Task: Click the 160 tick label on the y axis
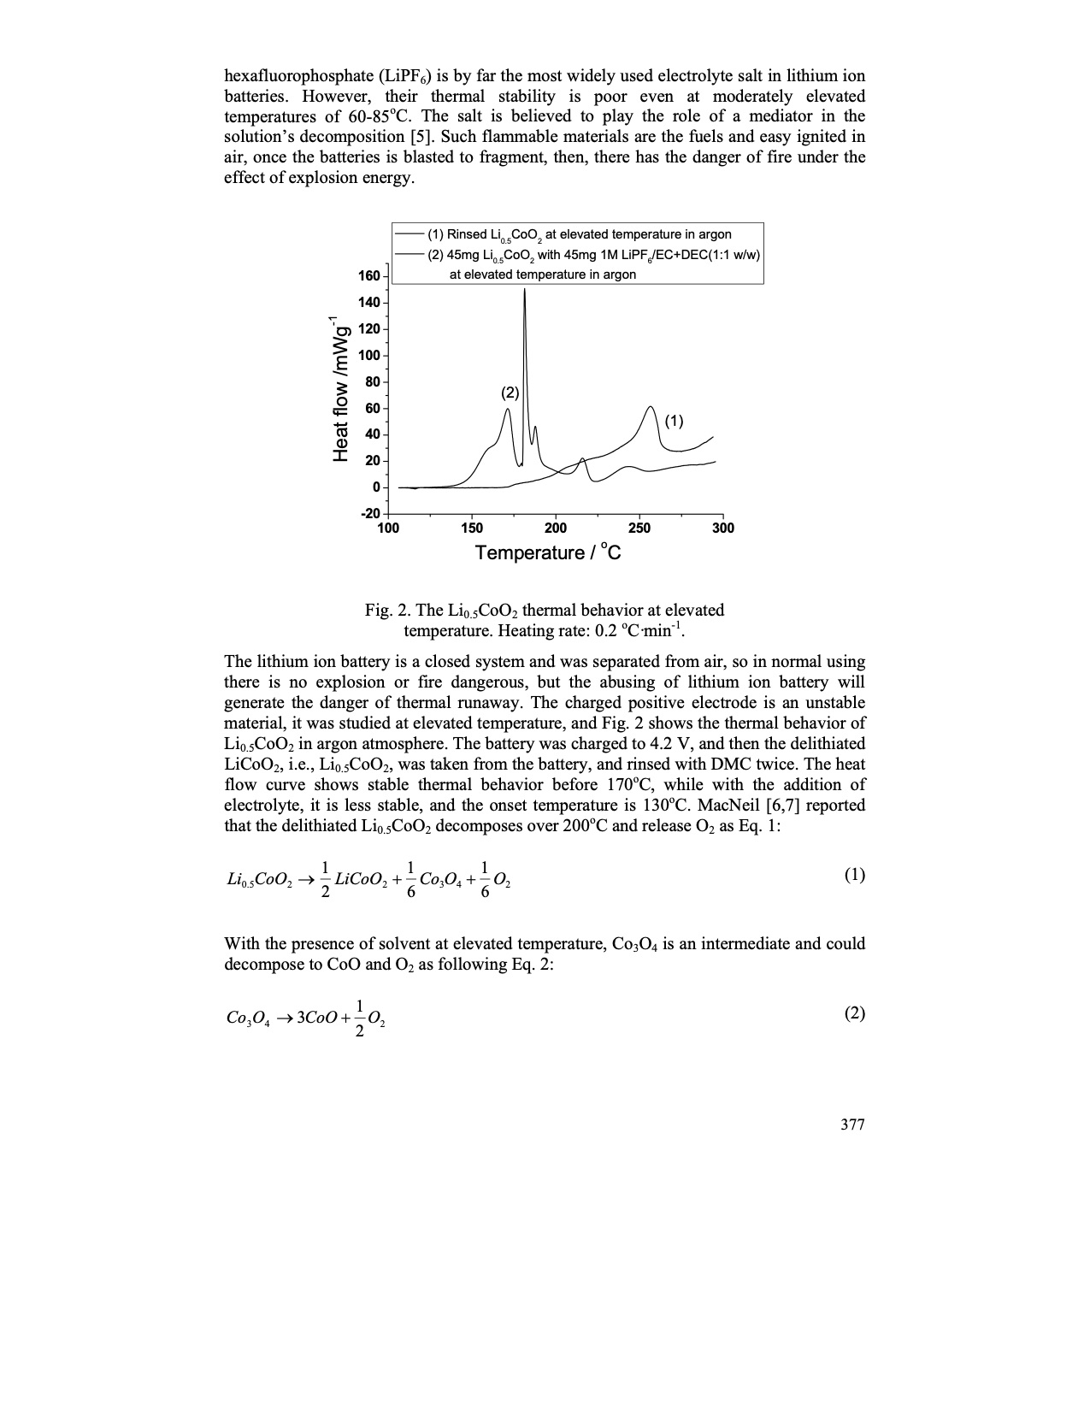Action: pyautogui.click(x=368, y=275)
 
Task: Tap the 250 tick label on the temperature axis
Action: pyautogui.click(x=639, y=528)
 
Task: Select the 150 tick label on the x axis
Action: pyautogui.click(x=471, y=528)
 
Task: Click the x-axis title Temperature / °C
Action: pyautogui.click(x=548, y=552)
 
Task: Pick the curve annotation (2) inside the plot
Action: pyautogui.click(x=510, y=393)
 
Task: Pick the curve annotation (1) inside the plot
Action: pyautogui.click(x=674, y=421)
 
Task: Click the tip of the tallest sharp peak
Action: pyautogui.click(x=524, y=290)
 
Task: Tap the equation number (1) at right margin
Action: pyautogui.click(x=854, y=874)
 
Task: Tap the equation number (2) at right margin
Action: pyautogui.click(x=854, y=1013)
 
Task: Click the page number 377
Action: pyautogui.click(x=852, y=1125)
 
